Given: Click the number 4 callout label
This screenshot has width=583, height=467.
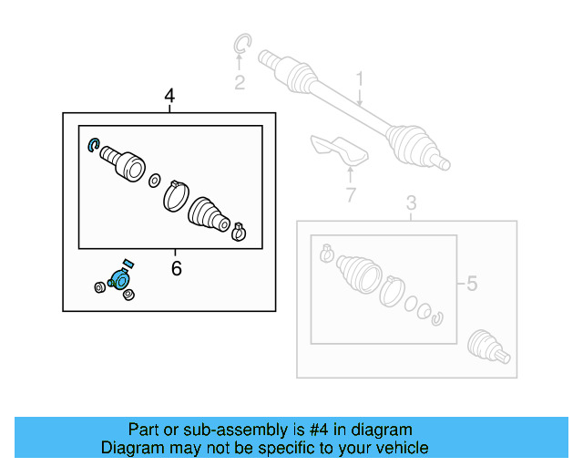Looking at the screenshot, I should coord(169,96).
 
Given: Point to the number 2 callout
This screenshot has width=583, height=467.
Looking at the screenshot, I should coord(239,84).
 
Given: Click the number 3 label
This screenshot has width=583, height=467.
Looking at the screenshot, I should coord(411,202).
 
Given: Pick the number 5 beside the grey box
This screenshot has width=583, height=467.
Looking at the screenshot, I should coord(471,285).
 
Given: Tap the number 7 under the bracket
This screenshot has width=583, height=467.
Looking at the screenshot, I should coord(349,193).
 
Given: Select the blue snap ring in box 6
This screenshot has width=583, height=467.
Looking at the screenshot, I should coord(92,144).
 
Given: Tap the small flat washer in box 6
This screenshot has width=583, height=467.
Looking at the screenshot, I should coord(154,179).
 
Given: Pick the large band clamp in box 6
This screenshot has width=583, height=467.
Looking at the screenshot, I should coord(175,194).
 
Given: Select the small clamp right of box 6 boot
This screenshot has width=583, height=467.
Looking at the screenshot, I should coord(239,231).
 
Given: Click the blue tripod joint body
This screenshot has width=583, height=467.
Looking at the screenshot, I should coord(119,280).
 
